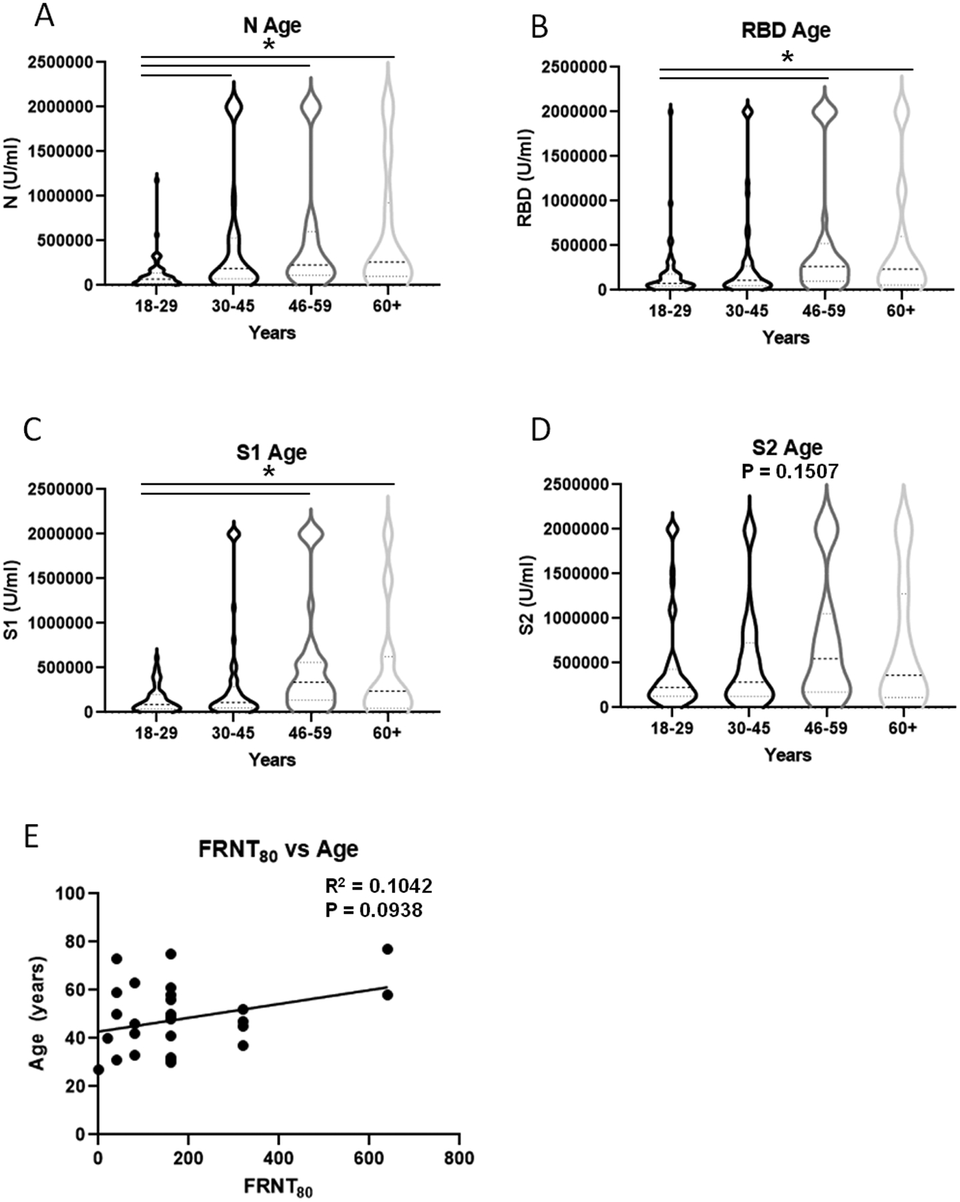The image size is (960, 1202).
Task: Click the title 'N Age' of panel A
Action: click(272, 25)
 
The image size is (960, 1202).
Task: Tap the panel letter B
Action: click(539, 27)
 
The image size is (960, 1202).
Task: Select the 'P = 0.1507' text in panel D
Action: click(790, 471)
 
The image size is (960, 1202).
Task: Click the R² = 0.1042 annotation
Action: click(379, 885)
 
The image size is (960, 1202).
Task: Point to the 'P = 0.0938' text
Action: click(374, 910)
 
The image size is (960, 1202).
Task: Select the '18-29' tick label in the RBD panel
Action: click(670, 311)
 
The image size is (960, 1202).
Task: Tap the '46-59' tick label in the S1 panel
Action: click(310, 733)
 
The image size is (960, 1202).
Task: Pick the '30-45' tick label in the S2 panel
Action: click(747, 728)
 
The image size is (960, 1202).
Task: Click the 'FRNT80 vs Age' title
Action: click(278, 849)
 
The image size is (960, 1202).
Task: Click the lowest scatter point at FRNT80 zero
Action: click(98, 1070)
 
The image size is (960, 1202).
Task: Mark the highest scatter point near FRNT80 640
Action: click(387, 949)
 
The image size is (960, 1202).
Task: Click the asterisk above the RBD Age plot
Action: click(788, 59)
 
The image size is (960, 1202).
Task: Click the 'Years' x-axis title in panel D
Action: click(788, 755)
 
